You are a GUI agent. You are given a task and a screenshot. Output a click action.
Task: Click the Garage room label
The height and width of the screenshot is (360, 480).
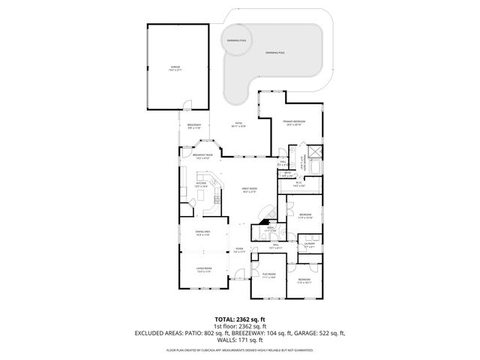pos(175,68)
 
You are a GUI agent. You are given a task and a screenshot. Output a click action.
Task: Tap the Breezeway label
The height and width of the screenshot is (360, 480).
pos(194,126)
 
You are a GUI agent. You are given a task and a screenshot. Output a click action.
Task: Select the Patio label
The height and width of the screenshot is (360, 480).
pos(238,124)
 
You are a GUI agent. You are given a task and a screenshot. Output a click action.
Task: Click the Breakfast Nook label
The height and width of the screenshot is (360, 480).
pos(202,157)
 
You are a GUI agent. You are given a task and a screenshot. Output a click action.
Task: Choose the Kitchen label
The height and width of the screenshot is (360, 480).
pos(201,184)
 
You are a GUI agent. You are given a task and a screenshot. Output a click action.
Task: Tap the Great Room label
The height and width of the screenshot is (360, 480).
pos(249,190)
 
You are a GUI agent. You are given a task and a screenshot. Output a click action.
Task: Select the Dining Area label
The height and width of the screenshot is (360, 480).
pos(202,233)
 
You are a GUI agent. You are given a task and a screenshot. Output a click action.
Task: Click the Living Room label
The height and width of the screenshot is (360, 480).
pos(202,271)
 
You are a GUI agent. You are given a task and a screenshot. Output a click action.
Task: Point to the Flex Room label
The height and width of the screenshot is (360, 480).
pos(268,276)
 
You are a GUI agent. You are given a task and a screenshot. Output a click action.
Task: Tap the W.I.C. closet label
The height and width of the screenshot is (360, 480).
pos(298,184)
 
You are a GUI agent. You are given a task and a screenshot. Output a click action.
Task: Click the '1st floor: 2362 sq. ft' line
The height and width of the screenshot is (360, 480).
pos(239,325)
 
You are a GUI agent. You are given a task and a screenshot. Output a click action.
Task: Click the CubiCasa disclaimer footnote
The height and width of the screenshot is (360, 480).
pos(239,350)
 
